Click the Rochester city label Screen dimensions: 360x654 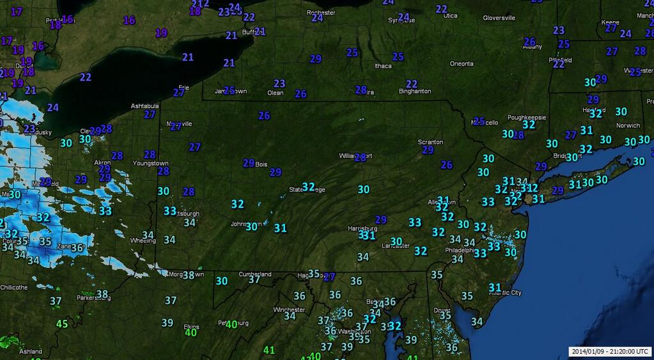[321, 12]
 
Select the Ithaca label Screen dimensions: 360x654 [383, 66]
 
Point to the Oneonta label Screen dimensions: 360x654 [462, 64]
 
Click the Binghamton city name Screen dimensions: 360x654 [414, 91]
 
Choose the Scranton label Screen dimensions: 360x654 [430, 142]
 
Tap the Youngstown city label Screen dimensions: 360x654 [150, 164]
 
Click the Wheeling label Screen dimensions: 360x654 [143, 241]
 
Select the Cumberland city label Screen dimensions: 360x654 [255, 274]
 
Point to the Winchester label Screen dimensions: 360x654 [289, 310]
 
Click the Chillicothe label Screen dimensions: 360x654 [14, 288]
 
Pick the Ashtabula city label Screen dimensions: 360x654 [144, 106]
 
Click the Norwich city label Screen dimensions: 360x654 [627, 126]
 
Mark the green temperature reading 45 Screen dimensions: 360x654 [61, 324]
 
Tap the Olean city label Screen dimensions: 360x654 [275, 93]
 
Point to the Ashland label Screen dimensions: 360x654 [31, 352]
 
